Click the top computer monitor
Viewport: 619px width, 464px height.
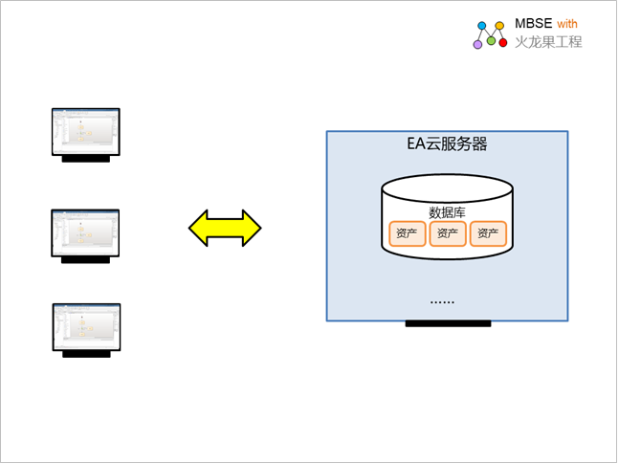(85, 131)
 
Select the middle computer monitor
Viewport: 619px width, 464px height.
(85, 231)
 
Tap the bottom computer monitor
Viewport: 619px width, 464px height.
(85, 326)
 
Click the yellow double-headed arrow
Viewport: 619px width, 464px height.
(225, 227)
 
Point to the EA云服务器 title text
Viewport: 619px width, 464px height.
(448, 144)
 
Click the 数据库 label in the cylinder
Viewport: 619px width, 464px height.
(447, 212)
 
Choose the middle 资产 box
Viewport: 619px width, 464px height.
(448, 233)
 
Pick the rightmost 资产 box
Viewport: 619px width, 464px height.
(488, 233)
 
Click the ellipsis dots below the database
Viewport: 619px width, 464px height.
(442, 301)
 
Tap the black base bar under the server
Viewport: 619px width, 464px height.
(448, 323)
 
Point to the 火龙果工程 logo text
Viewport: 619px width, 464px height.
(548, 42)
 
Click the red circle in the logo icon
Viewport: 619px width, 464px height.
(503, 43)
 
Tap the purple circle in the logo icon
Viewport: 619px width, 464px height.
(477, 44)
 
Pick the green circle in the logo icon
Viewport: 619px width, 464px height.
(491, 40)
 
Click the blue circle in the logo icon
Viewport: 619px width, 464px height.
(482, 26)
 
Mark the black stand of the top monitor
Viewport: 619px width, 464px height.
(86, 160)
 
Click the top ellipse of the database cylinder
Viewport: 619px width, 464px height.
(447, 188)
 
